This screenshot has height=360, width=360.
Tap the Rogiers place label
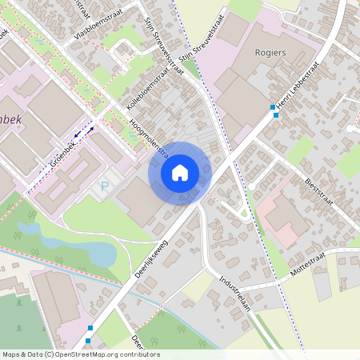pos(270,53)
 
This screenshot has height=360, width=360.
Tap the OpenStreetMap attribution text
pos(80,354)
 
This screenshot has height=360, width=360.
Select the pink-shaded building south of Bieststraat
pos(284,220)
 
